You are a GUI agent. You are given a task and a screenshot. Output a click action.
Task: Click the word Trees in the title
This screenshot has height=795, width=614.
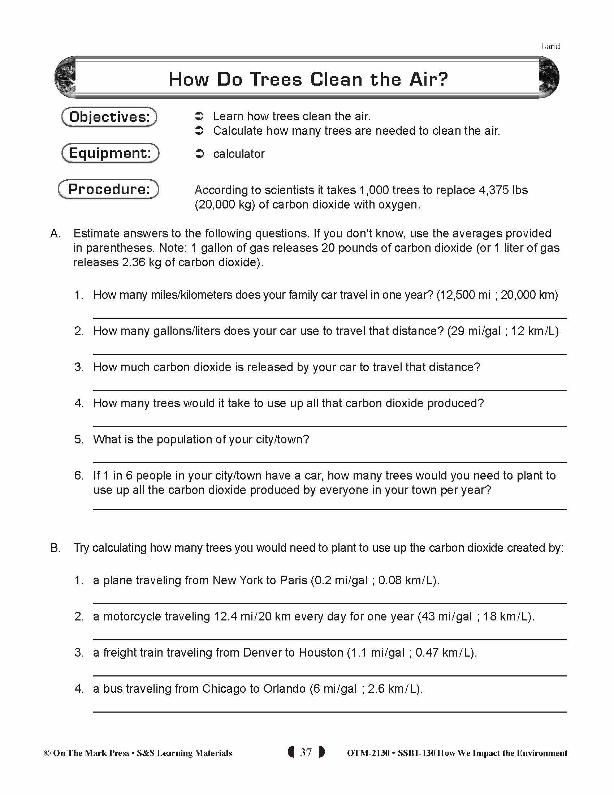coord(276,79)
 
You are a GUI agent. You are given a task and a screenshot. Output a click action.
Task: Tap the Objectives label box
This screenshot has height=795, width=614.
coord(109,117)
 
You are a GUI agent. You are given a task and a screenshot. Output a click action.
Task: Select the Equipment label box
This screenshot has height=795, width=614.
coord(110,153)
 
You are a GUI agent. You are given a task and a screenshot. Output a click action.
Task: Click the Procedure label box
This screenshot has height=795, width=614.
coord(109,189)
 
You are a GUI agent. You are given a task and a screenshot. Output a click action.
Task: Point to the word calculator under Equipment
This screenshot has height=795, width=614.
coord(239,154)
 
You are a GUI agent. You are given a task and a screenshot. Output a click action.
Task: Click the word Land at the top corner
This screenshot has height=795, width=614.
coord(550,46)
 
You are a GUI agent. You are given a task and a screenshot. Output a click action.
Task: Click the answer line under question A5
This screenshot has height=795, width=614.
coord(329,462)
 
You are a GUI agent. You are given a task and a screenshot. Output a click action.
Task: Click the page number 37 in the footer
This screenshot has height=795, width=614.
coord(306,752)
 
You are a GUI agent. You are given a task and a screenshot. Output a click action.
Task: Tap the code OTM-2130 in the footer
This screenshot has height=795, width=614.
coord(368,753)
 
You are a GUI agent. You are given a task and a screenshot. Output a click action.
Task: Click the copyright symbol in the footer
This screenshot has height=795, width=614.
coord(47,753)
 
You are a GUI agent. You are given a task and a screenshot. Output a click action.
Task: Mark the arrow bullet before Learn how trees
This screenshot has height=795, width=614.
coord(199,116)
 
